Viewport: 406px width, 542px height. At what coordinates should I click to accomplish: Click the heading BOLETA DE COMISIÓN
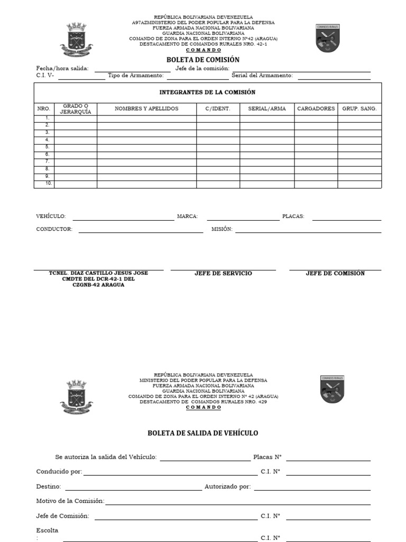203,60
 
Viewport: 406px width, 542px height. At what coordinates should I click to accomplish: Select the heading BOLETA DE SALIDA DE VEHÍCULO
203,433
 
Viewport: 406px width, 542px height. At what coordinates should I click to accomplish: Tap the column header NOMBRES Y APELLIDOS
146,109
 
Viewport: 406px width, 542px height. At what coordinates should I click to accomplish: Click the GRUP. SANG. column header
359,109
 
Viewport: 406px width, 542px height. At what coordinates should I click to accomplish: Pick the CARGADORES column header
316,109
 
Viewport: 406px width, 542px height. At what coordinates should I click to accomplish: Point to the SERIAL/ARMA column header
267,109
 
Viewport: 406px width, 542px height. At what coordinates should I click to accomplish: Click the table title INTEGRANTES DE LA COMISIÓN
207,92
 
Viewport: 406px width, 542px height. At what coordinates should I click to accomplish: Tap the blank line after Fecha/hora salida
132,70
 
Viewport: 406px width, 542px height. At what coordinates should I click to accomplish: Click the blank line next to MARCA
243,219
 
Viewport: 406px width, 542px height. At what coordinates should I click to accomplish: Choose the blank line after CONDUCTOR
141,231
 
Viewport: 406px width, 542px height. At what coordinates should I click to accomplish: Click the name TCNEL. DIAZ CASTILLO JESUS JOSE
98,273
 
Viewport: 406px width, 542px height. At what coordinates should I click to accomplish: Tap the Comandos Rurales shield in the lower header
332,390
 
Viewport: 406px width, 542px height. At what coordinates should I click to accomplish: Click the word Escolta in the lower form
47,530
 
